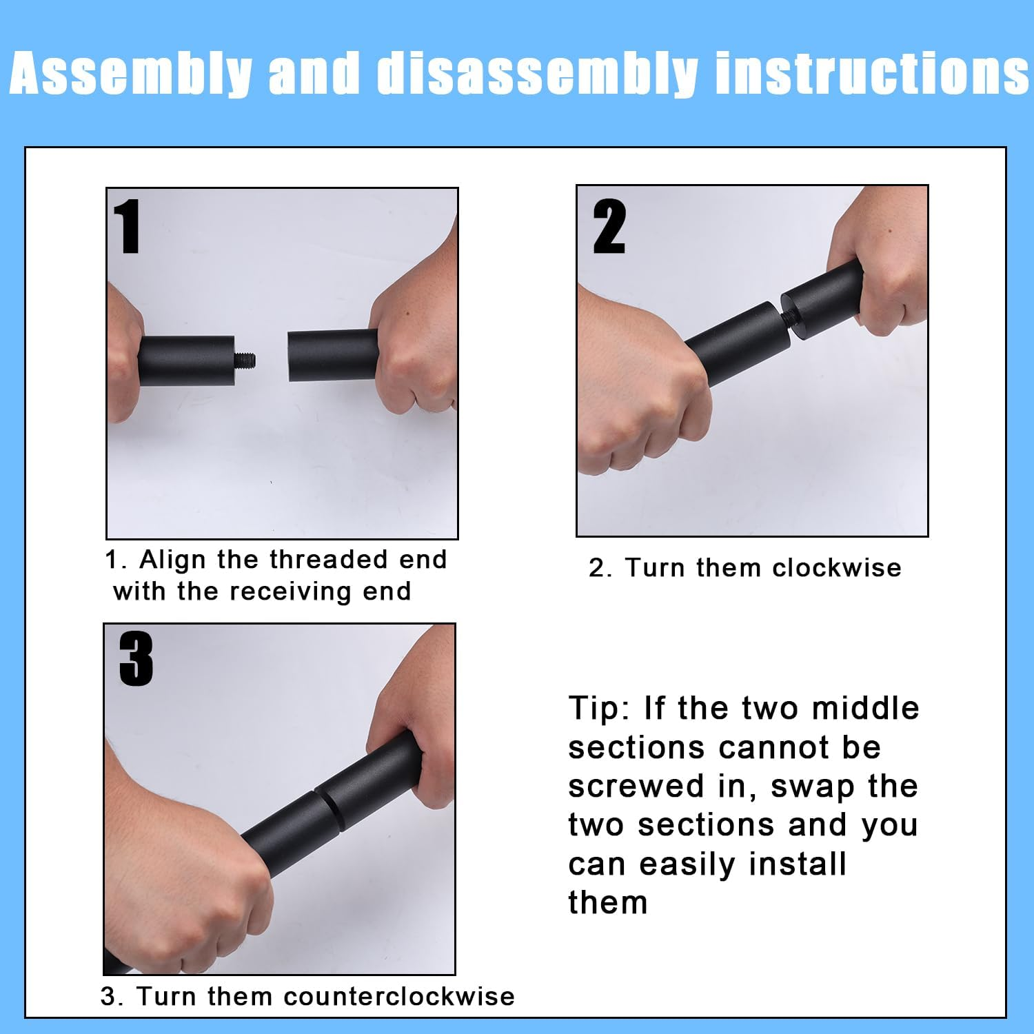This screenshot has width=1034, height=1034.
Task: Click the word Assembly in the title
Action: [x=131, y=73]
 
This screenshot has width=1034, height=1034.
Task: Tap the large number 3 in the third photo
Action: [x=136, y=660]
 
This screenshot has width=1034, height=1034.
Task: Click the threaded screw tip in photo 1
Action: [x=245, y=359]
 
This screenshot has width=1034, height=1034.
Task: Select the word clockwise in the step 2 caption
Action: [x=837, y=568]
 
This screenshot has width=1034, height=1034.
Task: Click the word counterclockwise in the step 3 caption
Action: [x=399, y=997]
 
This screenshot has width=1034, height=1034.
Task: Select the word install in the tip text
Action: [x=798, y=863]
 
